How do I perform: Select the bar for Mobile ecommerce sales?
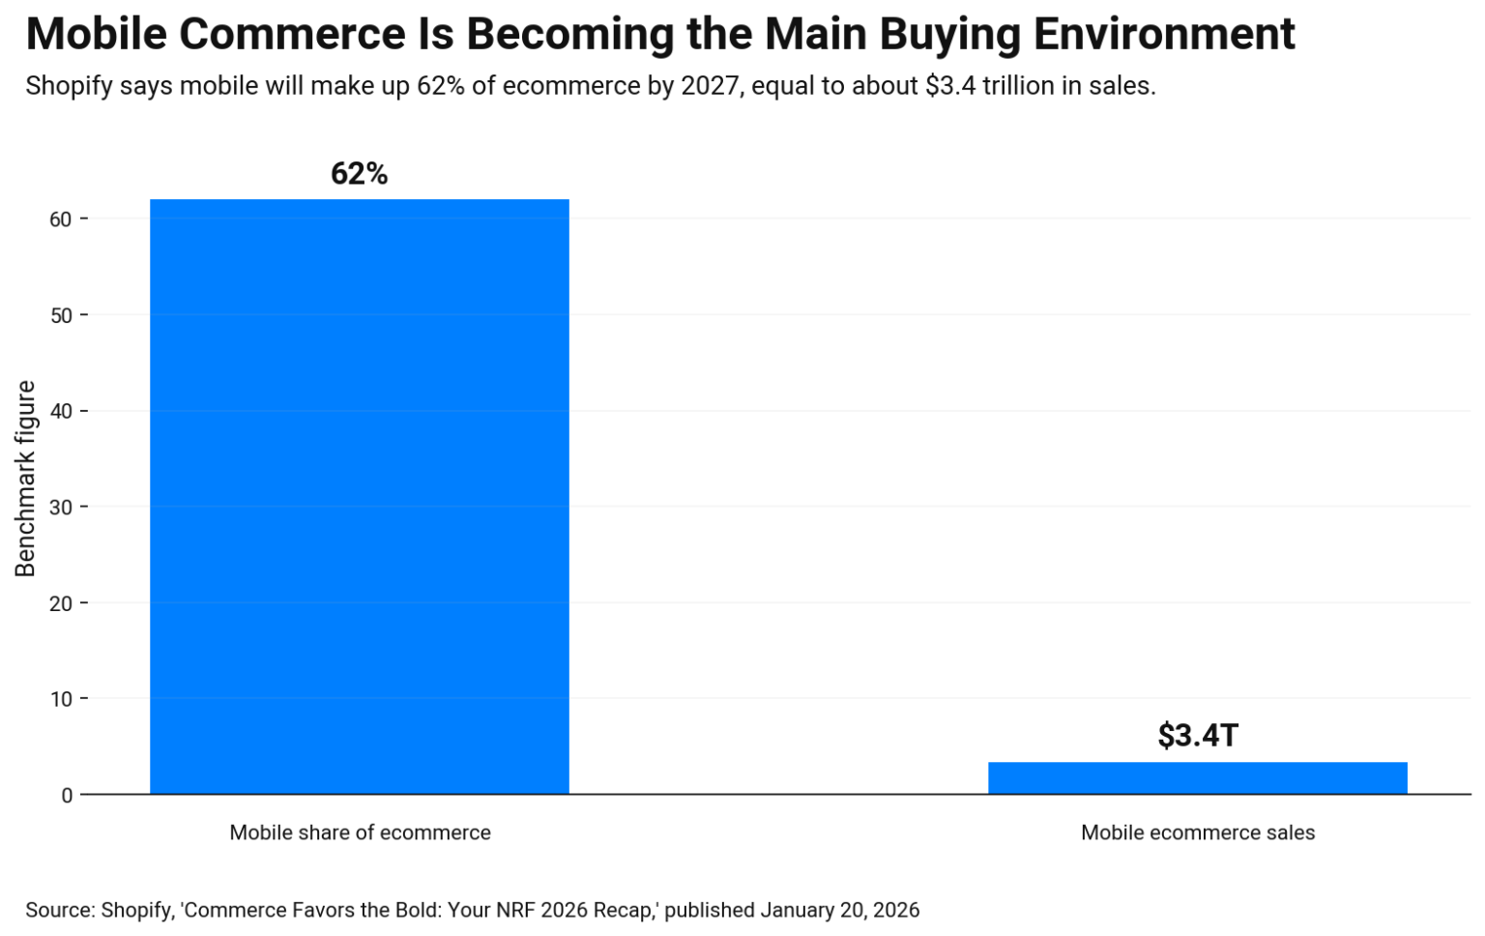(x=1197, y=778)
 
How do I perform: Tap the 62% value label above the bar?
(x=359, y=174)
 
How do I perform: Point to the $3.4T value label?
(x=1197, y=736)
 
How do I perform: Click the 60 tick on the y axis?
(x=61, y=219)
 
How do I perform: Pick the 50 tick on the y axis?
(x=61, y=315)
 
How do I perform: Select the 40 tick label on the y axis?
(x=61, y=411)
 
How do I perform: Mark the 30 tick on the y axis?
(x=61, y=507)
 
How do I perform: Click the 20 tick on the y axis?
(x=61, y=603)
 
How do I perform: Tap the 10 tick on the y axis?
(x=61, y=699)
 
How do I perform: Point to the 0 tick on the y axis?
(x=67, y=795)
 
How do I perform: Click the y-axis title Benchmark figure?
(x=25, y=479)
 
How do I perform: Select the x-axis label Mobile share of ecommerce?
(x=360, y=833)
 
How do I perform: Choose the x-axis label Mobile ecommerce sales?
(x=1197, y=833)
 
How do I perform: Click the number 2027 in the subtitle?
(x=710, y=86)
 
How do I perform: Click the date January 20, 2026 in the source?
(x=839, y=910)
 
